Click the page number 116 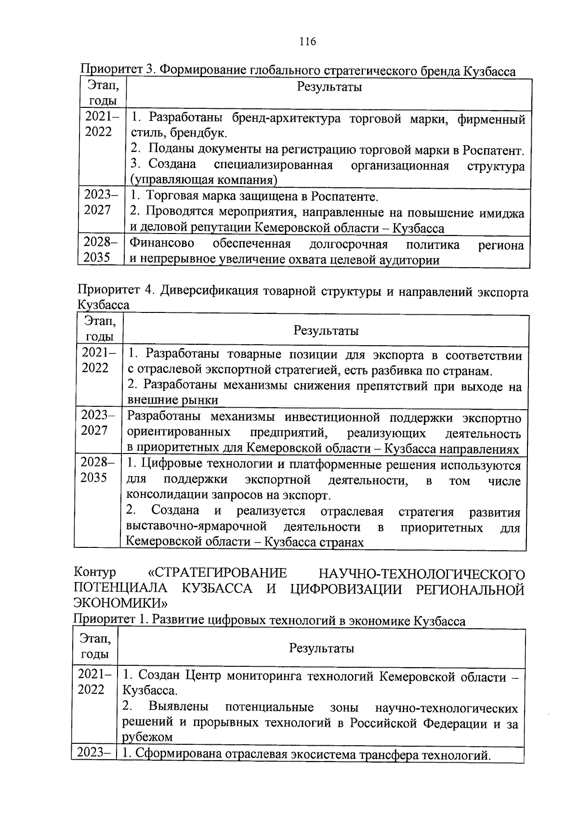click(307, 41)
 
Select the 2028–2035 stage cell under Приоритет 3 click(101, 250)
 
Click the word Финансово click(162, 244)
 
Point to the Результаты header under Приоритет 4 click(326, 331)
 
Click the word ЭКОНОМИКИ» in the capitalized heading click(120, 602)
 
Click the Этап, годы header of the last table click(94, 647)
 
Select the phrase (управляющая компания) click(204, 181)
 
